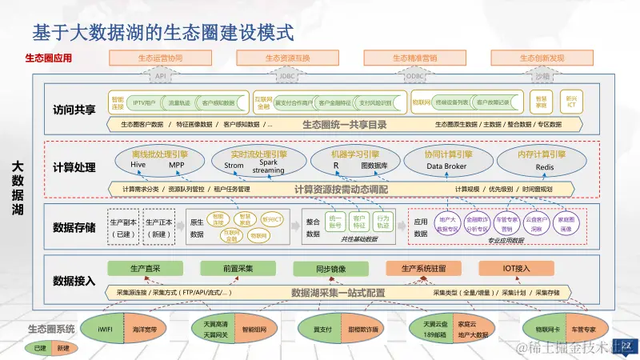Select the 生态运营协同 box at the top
(x=160, y=58)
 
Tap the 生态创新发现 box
(x=542, y=58)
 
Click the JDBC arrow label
(x=287, y=76)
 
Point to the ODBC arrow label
(x=415, y=76)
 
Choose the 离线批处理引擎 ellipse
(x=159, y=159)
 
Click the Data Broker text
(x=446, y=166)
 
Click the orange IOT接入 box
(x=516, y=268)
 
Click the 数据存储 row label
(x=74, y=227)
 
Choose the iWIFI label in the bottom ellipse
(x=106, y=329)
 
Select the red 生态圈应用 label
(x=49, y=58)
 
